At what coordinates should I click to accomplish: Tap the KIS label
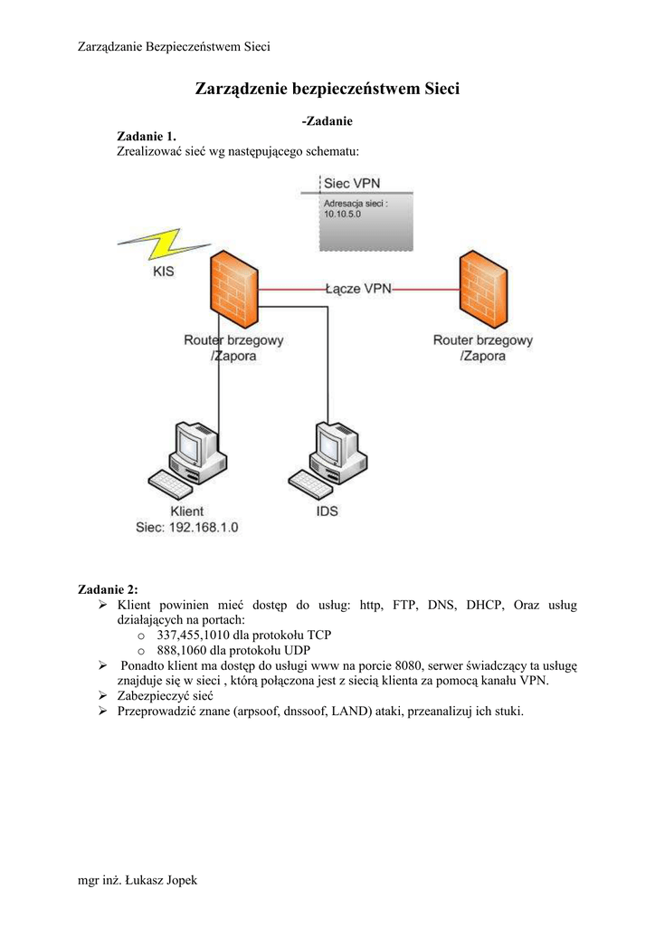click(x=164, y=271)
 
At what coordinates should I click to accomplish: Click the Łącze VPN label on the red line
click(x=358, y=289)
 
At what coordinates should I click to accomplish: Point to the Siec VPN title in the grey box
click(x=352, y=183)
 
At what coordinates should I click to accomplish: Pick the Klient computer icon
click(x=186, y=457)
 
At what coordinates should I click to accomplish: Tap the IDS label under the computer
click(x=327, y=511)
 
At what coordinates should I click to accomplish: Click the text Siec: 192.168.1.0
click(x=186, y=527)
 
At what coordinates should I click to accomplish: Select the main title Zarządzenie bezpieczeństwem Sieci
click(x=327, y=89)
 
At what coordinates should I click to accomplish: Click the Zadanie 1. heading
click(x=147, y=136)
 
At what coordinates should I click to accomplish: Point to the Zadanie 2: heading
click(x=109, y=589)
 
